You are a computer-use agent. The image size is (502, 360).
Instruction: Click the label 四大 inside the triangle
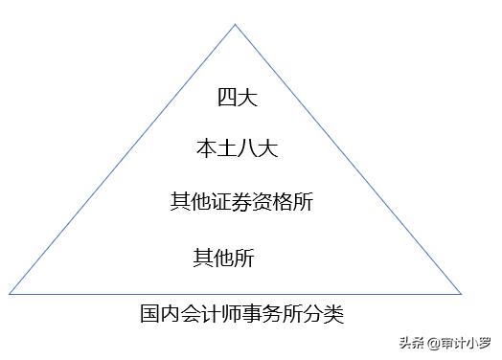(235, 97)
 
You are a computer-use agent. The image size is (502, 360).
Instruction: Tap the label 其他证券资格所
(241, 202)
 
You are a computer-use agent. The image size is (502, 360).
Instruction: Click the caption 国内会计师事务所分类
(241, 313)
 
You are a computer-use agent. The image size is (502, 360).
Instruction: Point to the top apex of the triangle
(236, 24)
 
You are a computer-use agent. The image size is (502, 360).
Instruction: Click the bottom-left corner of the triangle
(9, 293)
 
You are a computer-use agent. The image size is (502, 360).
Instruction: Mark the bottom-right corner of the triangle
(462, 293)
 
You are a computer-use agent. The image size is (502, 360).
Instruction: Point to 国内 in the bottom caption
(160, 313)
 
